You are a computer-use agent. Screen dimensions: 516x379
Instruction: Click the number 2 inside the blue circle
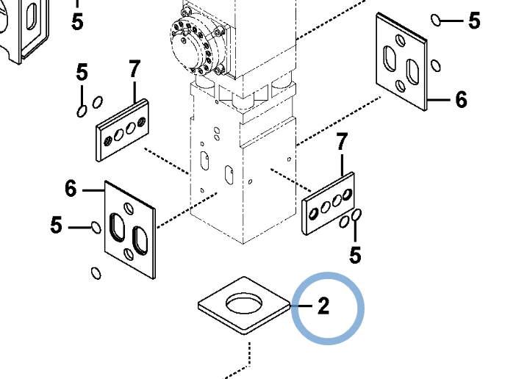pyautogui.click(x=323, y=306)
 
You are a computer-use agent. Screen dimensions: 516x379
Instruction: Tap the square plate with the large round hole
pyautogui.click(x=244, y=306)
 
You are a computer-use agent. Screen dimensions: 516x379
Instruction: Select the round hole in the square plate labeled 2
pyautogui.click(x=244, y=303)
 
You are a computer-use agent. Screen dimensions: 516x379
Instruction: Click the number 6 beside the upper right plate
pyautogui.click(x=461, y=99)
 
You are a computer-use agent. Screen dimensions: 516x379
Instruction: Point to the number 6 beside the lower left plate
pyautogui.click(x=71, y=188)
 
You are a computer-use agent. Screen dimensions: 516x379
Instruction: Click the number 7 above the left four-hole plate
pyautogui.click(x=135, y=69)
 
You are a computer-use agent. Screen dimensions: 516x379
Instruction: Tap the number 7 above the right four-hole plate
pyautogui.click(x=342, y=142)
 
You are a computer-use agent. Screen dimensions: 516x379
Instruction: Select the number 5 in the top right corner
pyautogui.click(x=474, y=21)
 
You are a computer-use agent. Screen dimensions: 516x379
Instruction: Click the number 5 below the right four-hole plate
pyautogui.click(x=355, y=255)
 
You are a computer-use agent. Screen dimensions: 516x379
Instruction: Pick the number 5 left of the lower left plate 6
pyautogui.click(x=57, y=225)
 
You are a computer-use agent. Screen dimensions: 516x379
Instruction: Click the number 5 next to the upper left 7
pyautogui.click(x=82, y=72)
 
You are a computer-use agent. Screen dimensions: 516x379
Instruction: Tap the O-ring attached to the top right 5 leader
pyautogui.click(x=436, y=20)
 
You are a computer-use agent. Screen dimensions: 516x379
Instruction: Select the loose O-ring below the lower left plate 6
pyautogui.click(x=96, y=272)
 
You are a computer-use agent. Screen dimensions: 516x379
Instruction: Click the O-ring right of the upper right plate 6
pyautogui.click(x=436, y=65)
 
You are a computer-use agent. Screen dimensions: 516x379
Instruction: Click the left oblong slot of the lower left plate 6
pyautogui.click(x=116, y=227)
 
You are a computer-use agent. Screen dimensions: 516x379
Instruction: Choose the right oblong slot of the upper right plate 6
pyautogui.click(x=412, y=72)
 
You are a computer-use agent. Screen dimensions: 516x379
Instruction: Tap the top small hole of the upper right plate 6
pyautogui.click(x=401, y=40)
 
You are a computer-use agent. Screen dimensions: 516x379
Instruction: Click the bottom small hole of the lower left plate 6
pyautogui.click(x=129, y=254)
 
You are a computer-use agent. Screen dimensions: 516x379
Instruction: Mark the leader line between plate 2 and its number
pyautogui.click(x=301, y=306)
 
